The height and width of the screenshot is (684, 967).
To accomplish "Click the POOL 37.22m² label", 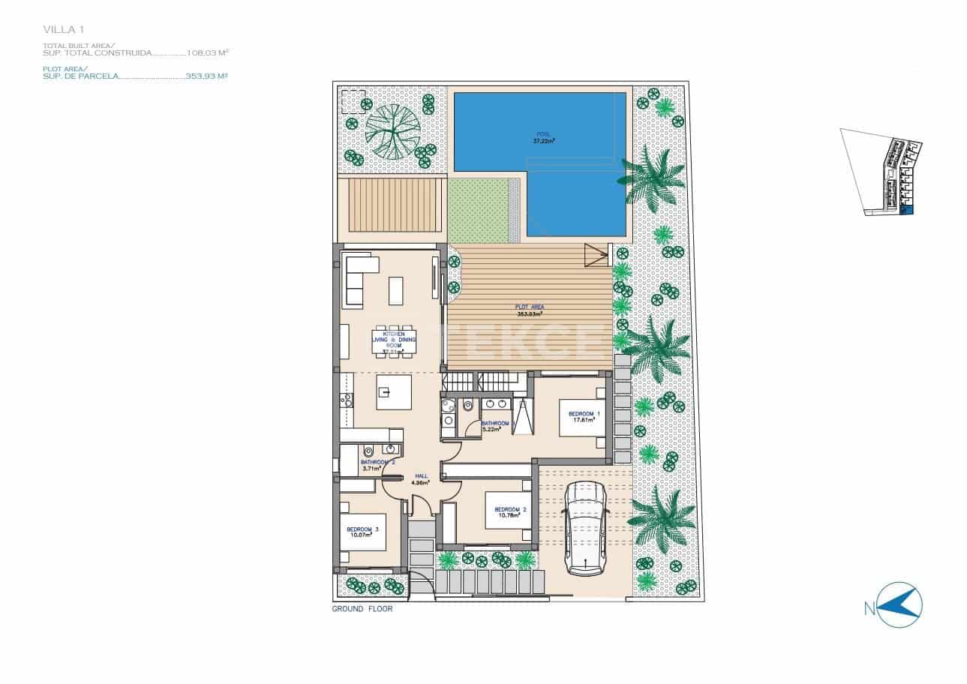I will tap(542, 138).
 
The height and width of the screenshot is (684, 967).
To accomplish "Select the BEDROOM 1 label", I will tap(584, 417).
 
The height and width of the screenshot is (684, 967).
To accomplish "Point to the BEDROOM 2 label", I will tap(510, 513).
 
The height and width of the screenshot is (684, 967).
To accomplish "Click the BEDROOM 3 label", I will tap(362, 532).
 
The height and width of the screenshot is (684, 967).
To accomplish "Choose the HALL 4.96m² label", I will tap(421, 479).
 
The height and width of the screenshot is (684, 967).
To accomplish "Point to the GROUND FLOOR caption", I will tap(362, 610).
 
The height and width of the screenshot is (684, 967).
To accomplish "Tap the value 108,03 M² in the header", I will tap(207, 53).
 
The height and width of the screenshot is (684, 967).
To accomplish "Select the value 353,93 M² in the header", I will tap(206, 76).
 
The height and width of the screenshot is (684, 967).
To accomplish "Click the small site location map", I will tap(883, 172).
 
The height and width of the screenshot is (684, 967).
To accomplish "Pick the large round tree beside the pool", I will tap(393, 132).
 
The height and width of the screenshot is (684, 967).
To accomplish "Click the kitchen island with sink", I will tap(394, 392).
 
